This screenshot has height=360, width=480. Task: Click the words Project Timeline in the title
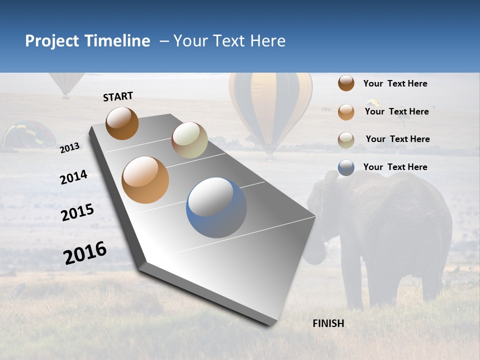pos(87,41)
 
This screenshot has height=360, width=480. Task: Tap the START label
pos(118,96)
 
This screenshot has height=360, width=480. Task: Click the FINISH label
pos(328,323)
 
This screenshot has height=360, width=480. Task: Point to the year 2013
pos(69,148)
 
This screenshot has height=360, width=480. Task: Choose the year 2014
pos(73,177)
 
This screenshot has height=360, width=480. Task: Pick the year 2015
pos(77,212)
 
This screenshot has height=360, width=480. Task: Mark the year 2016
pos(85,253)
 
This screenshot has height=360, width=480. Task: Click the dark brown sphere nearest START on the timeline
pos(122,123)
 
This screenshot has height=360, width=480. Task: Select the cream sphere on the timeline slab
pos(189,140)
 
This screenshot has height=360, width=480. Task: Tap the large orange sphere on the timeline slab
pos(145,180)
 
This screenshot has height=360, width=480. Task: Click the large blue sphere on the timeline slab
pos(216,207)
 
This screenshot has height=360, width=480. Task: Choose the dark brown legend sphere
pos(346,83)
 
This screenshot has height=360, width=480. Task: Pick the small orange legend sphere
pos(346,112)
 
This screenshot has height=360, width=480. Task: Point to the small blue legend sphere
pos(346,167)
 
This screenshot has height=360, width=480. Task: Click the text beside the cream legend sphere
pos(397,139)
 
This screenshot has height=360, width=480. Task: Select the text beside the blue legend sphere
pos(395,167)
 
